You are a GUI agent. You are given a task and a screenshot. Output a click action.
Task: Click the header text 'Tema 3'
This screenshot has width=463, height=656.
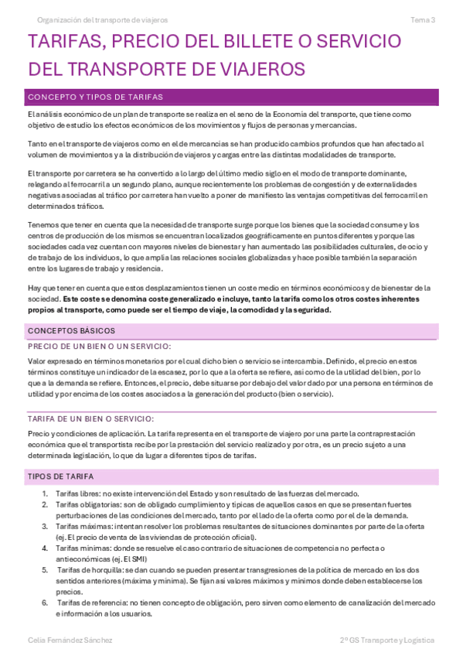coord(422,19)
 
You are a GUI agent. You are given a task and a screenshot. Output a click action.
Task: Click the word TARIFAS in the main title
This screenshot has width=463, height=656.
coord(63,43)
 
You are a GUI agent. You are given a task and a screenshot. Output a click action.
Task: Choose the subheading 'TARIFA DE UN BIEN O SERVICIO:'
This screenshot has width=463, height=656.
coord(97,419)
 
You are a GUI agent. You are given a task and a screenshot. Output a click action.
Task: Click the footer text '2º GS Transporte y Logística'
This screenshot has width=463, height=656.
coord(386,640)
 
